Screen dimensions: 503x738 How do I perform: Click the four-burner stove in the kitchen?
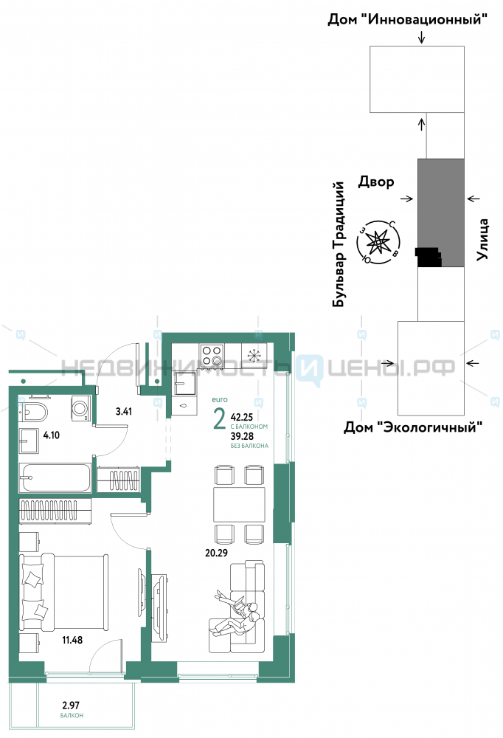tap(212, 356)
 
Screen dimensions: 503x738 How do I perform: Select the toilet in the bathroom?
tap(33, 413)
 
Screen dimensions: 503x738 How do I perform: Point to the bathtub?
tap(55, 478)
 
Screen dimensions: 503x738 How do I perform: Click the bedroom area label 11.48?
tap(72, 640)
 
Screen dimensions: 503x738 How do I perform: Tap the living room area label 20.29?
tap(216, 553)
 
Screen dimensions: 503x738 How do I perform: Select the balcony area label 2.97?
tap(71, 705)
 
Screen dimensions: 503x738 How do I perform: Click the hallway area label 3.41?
tap(124, 411)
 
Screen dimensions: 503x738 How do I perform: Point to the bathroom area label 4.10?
tap(52, 435)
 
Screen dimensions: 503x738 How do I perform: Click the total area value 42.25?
tap(242, 417)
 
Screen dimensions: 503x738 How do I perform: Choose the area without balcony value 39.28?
tap(242, 436)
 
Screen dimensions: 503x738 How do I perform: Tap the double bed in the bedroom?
tap(64, 592)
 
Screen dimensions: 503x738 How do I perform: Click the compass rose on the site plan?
tap(378, 242)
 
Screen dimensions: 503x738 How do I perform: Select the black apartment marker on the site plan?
tap(429, 257)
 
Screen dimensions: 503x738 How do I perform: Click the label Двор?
tap(376, 182)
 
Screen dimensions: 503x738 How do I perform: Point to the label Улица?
tap(482, 239)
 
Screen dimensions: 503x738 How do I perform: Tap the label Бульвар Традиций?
tap(339, 245)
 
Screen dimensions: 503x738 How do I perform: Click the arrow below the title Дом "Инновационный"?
tap(422, 37)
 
